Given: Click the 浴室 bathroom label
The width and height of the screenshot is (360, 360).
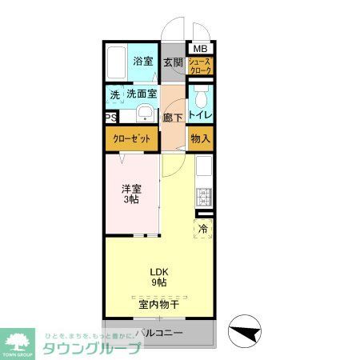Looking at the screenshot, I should (142, 62).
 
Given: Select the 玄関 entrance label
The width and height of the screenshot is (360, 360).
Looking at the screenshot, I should (173, 62).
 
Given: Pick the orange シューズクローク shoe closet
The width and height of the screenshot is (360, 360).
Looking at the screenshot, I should (201, 66).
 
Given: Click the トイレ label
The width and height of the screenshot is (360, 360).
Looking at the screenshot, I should (201, 116).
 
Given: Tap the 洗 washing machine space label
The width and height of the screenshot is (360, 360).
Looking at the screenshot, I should (114, 94).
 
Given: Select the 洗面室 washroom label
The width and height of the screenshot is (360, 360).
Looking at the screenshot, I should (141, 94).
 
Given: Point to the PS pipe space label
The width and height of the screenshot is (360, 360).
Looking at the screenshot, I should (110, 117).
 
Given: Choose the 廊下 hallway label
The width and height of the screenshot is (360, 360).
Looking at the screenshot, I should (173, 118).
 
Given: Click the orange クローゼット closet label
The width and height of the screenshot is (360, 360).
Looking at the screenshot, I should (132, 139).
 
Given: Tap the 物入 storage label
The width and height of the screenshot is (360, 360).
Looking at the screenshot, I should (201, 138).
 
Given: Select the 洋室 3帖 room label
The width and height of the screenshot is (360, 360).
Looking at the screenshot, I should (131, 194).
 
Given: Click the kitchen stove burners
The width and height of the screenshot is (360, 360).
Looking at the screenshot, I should (202, 196).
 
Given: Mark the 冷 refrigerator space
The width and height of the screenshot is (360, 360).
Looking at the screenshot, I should (203, 228).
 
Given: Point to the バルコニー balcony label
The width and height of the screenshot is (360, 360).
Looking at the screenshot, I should (159, 332).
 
